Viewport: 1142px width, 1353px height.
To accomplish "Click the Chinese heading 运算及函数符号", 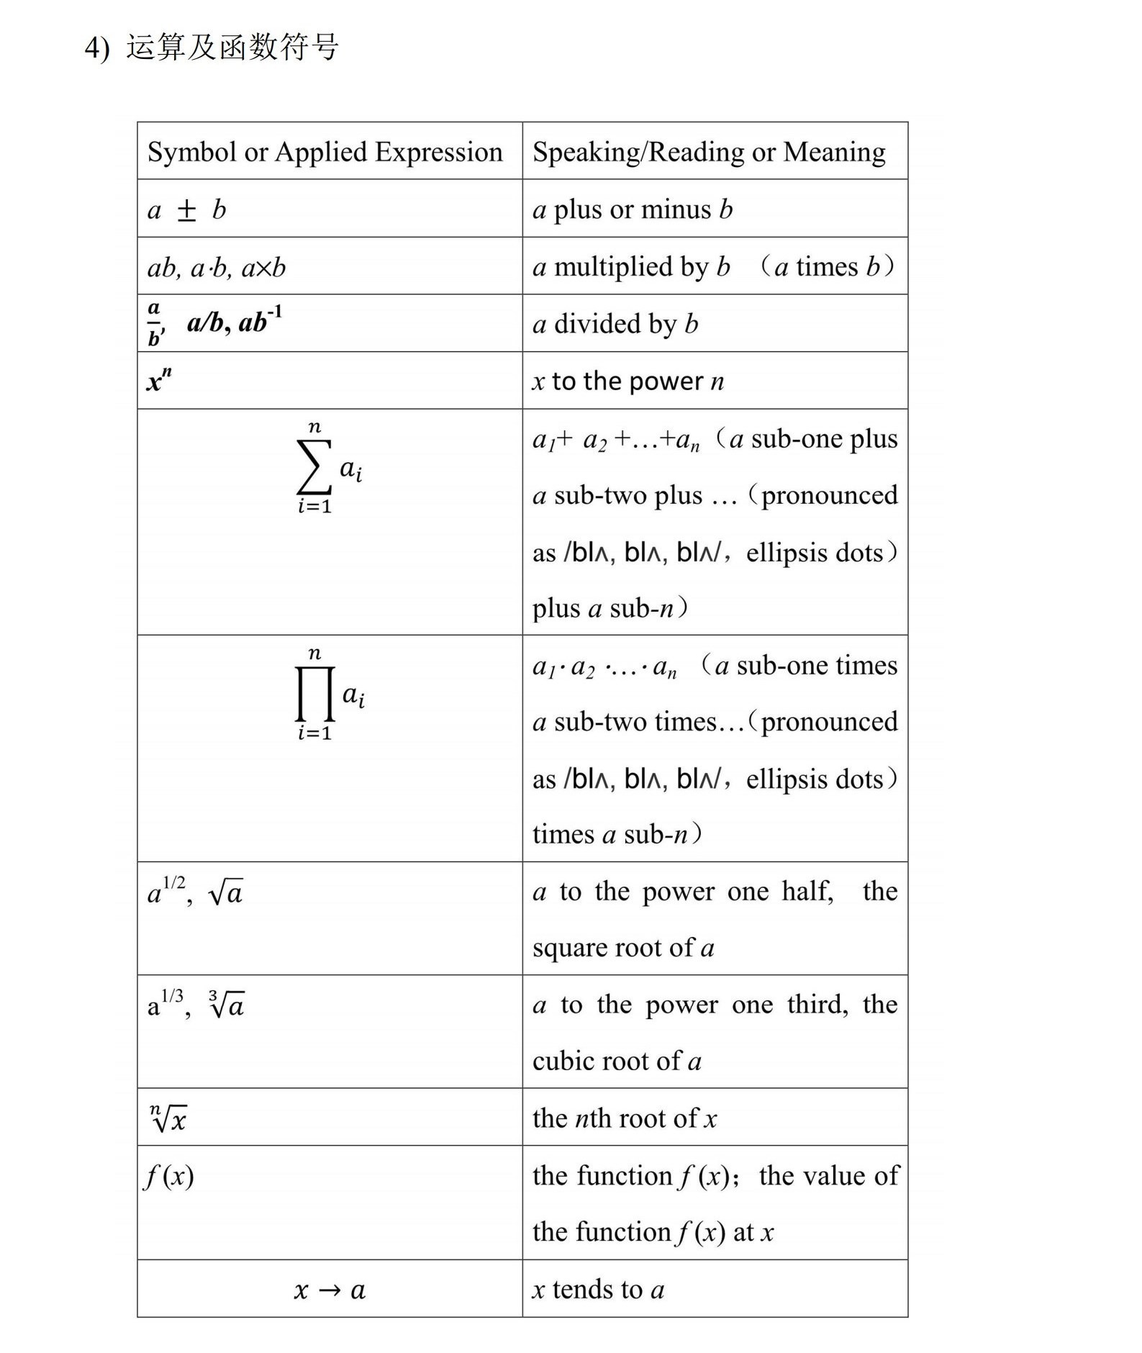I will [x=232, y=47].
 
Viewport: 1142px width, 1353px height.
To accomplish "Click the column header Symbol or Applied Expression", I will [x=325, y=152].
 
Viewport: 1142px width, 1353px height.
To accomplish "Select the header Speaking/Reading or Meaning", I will [x=709, y=152].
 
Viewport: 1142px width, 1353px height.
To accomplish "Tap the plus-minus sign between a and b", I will [x=186, y=210].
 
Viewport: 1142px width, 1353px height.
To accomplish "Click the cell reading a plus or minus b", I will [x=633, y=209].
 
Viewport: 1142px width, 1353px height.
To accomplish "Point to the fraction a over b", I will [x=154, y=324].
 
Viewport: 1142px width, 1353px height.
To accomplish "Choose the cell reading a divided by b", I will [x=615, y=324].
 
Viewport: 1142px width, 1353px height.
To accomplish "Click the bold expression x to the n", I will [x=159, y=379].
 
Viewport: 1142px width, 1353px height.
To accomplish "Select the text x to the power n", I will [x=628, y=381].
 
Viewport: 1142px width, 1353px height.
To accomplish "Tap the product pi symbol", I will [x=314, y=694].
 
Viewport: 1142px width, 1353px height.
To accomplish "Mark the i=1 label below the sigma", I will [x=314, y=507].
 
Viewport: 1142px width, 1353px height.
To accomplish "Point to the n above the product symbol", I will [x=314, y=653].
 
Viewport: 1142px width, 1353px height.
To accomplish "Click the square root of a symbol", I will [x=225, y=893].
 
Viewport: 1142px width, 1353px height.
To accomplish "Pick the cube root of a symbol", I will [x=226, y=1005].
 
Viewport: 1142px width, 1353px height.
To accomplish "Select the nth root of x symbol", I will [x=168, y=1118].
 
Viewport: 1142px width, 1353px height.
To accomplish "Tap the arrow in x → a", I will [x=329, y=1290].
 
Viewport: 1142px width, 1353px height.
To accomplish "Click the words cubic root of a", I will [x=617, y=1061].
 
